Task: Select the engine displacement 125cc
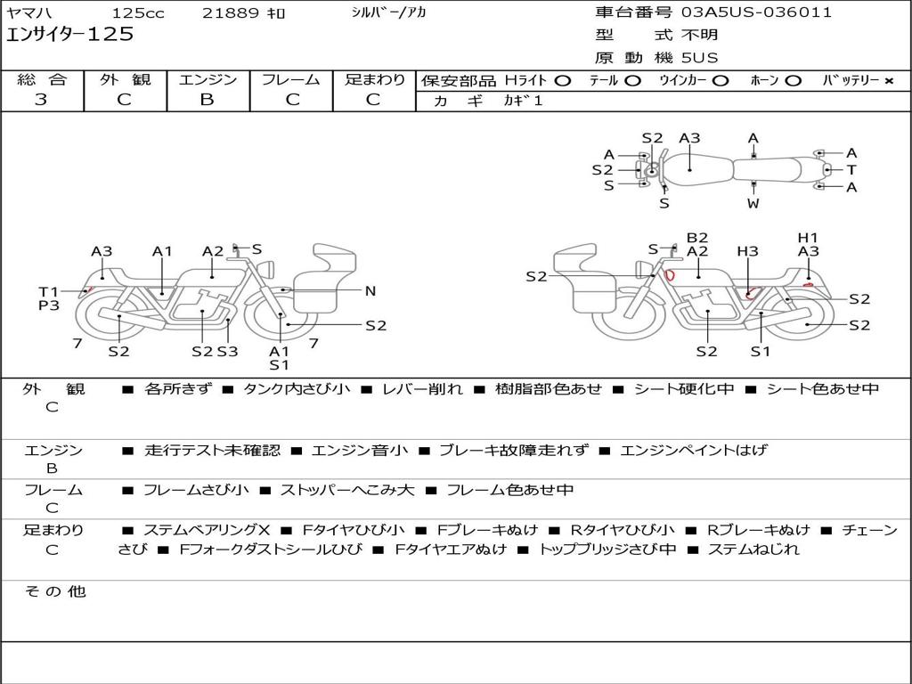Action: point(138,13)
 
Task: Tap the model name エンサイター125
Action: point(69,35)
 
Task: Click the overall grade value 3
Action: point(41,100)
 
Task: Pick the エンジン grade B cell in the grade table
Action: point(207,100)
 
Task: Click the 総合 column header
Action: point(42,80)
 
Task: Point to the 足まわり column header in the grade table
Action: point(375,80)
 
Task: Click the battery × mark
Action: point(888,81)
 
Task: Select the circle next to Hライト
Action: point(562,81)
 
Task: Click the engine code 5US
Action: point(699,58)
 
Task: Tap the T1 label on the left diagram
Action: point(47,291)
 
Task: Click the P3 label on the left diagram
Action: point(48,305)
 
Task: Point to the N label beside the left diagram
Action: point(370,290)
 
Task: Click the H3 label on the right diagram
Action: point(747,252)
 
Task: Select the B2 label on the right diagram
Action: point(697,238)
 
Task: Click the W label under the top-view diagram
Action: point(753,203)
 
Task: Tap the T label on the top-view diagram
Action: point(851,170)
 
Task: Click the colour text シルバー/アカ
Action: point(388,13)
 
